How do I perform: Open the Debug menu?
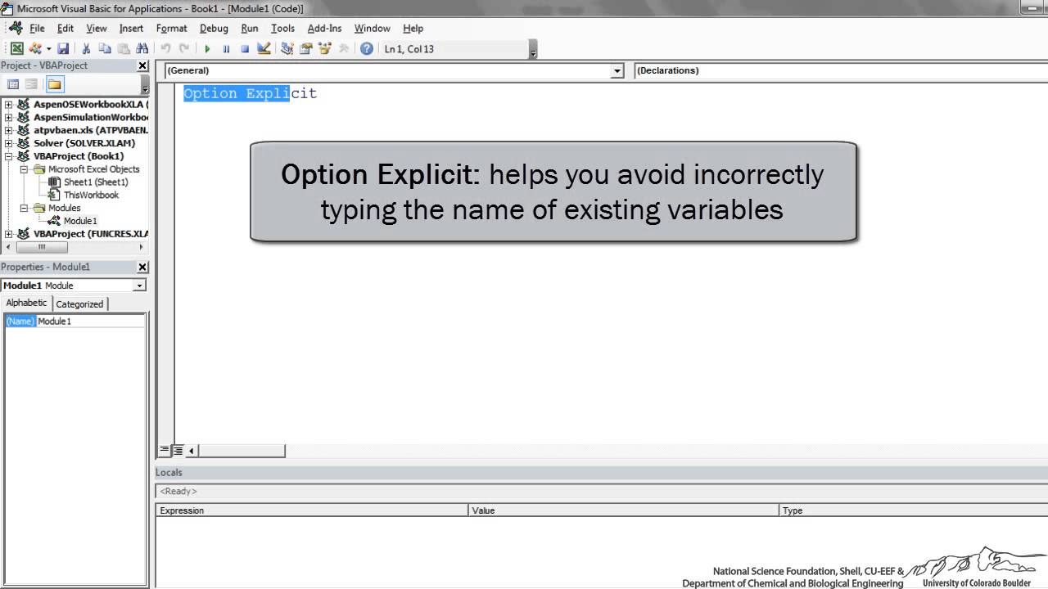point(214,28)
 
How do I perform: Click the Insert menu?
point(131,28)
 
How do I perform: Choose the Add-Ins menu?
point(324,28)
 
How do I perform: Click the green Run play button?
point(207,49)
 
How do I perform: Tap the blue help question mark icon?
point(367,49)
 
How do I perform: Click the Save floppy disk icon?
point(63,49)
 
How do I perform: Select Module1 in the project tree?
point(79,221)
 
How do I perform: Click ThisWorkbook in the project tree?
point(91,195)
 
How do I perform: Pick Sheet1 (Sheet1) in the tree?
point(96,182)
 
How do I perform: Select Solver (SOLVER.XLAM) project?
point(84,143)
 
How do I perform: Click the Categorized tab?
point(79,303)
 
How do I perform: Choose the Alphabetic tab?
point(26,303)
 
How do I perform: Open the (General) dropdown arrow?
point(617,71)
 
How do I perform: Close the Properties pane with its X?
point(142,267)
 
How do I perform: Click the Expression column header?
point(182,510)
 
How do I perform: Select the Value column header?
point(483,510)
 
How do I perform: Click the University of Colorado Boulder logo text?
point(977,583)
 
